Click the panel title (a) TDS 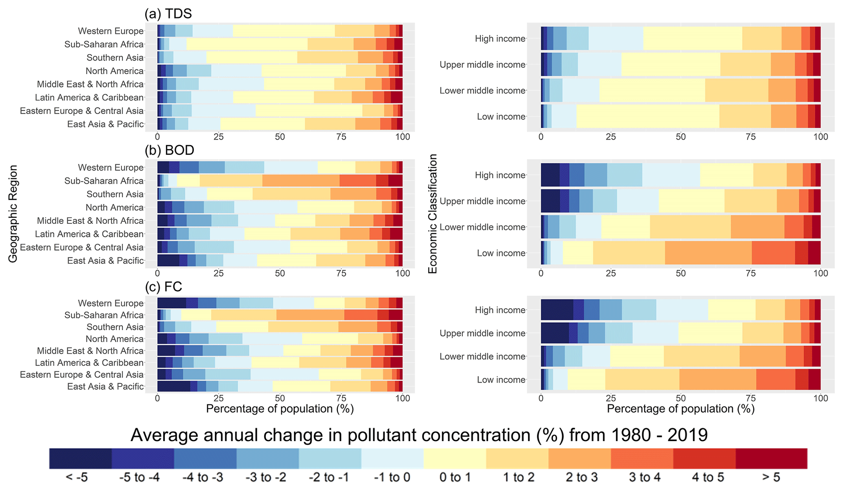pyautogui.click(x=168, y=14)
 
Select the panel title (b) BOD pyautogui.click(x=169, y=150)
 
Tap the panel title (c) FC pyautogui.click(x=164, y=287)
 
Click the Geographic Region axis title pyautogui.click(x=13, y=214)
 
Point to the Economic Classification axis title pyautogui.click(x=432, y=214)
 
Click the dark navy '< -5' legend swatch pyautogui.click(x=80, y=459)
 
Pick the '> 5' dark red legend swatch pyautogui.click(x=771, y=459)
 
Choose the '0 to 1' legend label pyautogui.click(x=455, y=477)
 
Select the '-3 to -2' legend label pyautogui.click(x=266, y=477)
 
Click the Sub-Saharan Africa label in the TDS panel pyautogui.click(x=104, y=44)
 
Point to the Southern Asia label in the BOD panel pyautogui.click(x=115, y=194)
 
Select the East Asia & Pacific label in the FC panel pyautogui.click(x=105, y=386)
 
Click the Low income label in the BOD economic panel pyautogui.click(x=501, y=253)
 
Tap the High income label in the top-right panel pyautogui.click(x=500, y=39)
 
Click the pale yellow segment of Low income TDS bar pyautogui.click(x=648, y=117)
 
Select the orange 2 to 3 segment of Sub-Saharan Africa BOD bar pyautogui.click(x=301, y=181)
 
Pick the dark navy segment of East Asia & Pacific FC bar pyautogui.click(x=174, y=386)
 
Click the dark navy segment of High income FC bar pyautogui.click(x=557, y=310)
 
